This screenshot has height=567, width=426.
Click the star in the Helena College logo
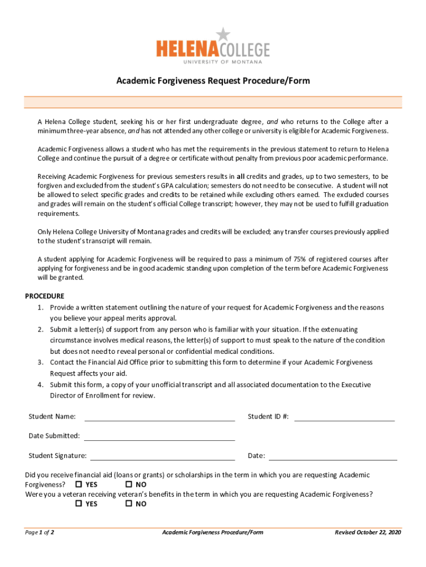(222, 34)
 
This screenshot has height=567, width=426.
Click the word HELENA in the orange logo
(188, 50)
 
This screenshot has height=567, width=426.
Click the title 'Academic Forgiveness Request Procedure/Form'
(213, 81)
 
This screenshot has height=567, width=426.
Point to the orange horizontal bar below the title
(213, 102)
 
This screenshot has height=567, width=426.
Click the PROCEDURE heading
(45, 296)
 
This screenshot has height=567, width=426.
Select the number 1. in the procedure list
(40, 307)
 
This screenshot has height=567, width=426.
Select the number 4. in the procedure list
(40, 385)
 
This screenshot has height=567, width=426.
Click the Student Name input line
(159, 417)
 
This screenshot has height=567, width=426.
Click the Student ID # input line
(344, 417)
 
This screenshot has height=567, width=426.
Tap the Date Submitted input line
(159, 436)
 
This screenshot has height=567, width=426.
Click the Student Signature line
(163, 456)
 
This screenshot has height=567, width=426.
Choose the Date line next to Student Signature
(333, 456)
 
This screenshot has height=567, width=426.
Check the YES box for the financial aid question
(79, 484)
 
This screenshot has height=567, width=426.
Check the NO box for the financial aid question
(129, 484)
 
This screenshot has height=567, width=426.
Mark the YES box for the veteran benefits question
(79, 504)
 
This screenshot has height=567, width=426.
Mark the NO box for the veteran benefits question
(129, 504)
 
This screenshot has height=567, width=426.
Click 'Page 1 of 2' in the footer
(39, 533)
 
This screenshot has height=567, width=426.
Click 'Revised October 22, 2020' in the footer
(368, 533)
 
